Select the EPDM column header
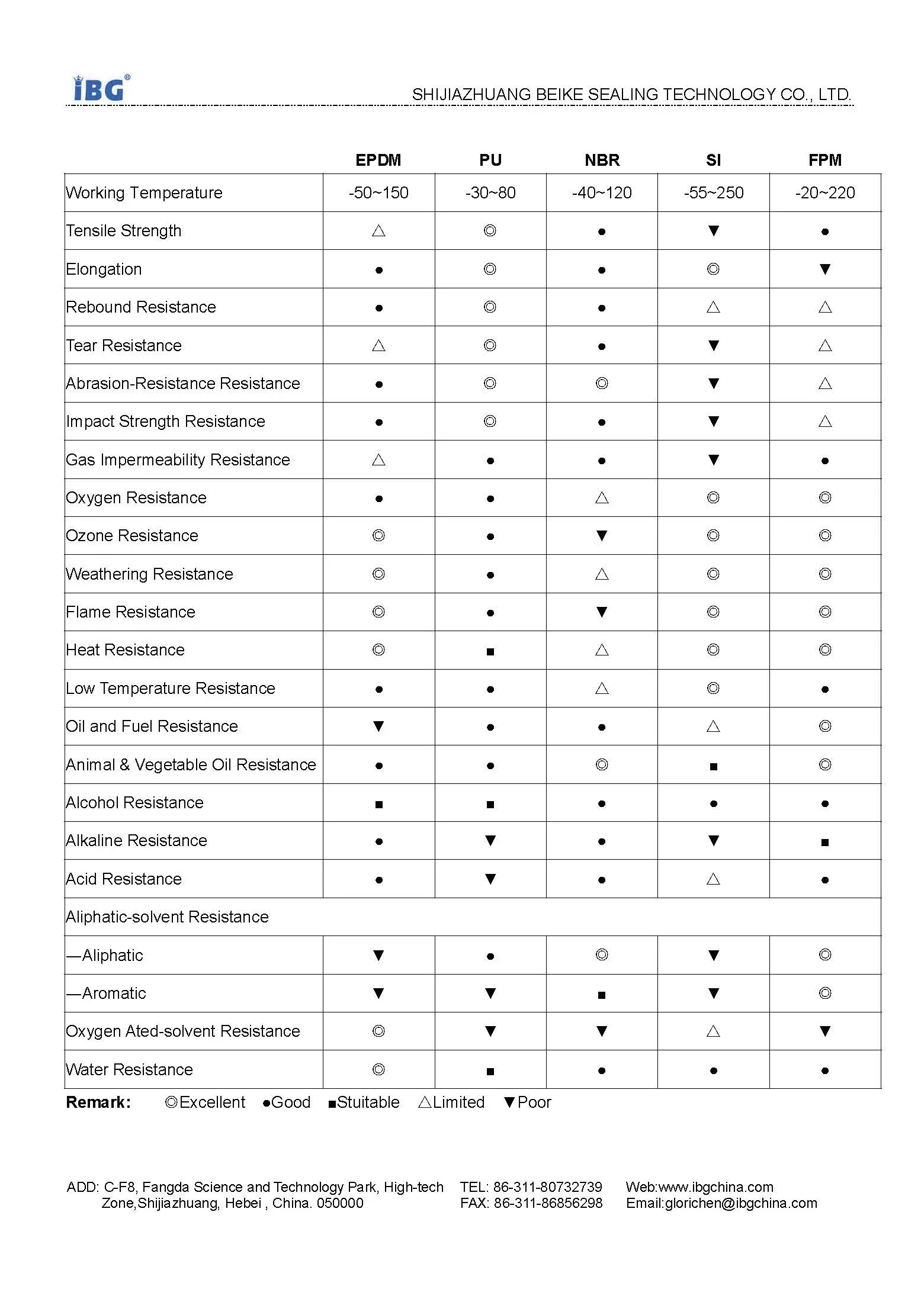click(378, 160)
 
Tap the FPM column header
click(824, 160)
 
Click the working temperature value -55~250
click(713, 193)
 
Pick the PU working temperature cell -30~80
click(490, 193)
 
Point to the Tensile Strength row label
click(124, 231)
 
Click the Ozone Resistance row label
click(132, 536)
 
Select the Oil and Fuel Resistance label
click(152, 726)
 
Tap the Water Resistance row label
click(129, 1069)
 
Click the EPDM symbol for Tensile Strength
click(378, 231)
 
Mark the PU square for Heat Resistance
click(490, 651)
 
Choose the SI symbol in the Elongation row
click(713, 269)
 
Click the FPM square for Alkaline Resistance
click(824, 842)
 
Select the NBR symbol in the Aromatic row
click(602, 995)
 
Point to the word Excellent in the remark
click(212, 1102)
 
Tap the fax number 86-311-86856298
click(548, 1203)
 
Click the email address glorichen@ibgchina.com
click(740, 1203)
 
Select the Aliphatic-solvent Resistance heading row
click(167, 917)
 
